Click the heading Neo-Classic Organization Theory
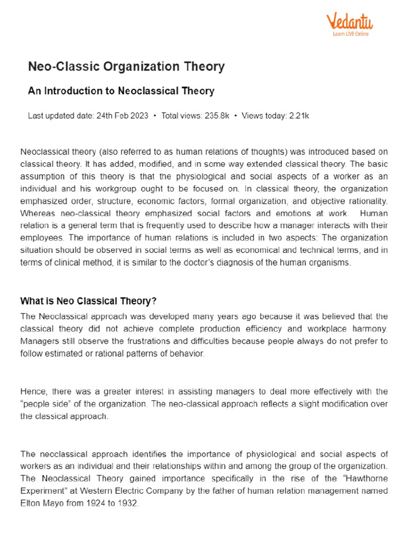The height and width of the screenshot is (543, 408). pyautogui.click(x=126, y=67)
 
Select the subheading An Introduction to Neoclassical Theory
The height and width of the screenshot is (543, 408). pyautogui.click(x=121, y=91)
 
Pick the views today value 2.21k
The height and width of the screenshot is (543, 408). pyautogui.click(x=297, y=116)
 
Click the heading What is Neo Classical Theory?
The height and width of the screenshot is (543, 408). pyautogui.click(x=88, y=301)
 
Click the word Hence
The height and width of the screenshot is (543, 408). pyautogui.click(x=33, y=391)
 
